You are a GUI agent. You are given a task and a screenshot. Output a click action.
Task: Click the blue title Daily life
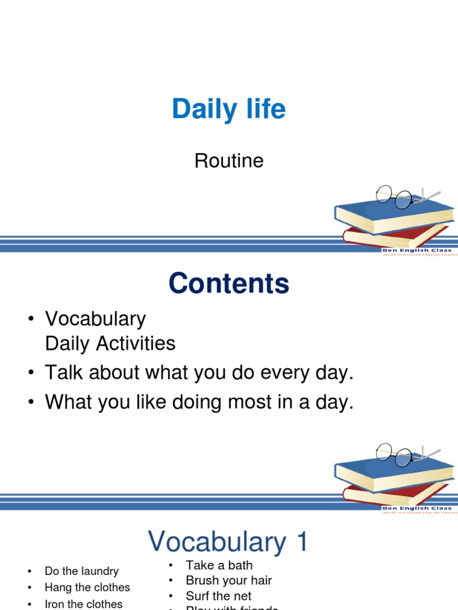229,110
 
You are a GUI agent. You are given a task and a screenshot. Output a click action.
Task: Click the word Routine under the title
229,161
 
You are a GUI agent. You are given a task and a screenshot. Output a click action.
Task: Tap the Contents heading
229,284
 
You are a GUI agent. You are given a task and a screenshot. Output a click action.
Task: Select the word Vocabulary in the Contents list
95,319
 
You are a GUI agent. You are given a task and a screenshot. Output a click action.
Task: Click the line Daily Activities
110,344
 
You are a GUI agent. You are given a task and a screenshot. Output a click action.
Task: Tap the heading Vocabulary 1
229,542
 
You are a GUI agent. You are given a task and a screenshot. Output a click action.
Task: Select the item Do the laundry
82,571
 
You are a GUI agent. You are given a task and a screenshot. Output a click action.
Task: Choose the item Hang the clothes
87,587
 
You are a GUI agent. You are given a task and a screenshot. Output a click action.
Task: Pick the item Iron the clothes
83,603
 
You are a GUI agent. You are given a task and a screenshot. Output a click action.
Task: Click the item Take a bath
219,565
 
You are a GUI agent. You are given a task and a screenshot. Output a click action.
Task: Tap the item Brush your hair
228,580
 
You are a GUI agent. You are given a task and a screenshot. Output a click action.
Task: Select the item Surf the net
218,596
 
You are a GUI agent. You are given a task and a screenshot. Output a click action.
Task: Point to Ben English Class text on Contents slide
417,508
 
